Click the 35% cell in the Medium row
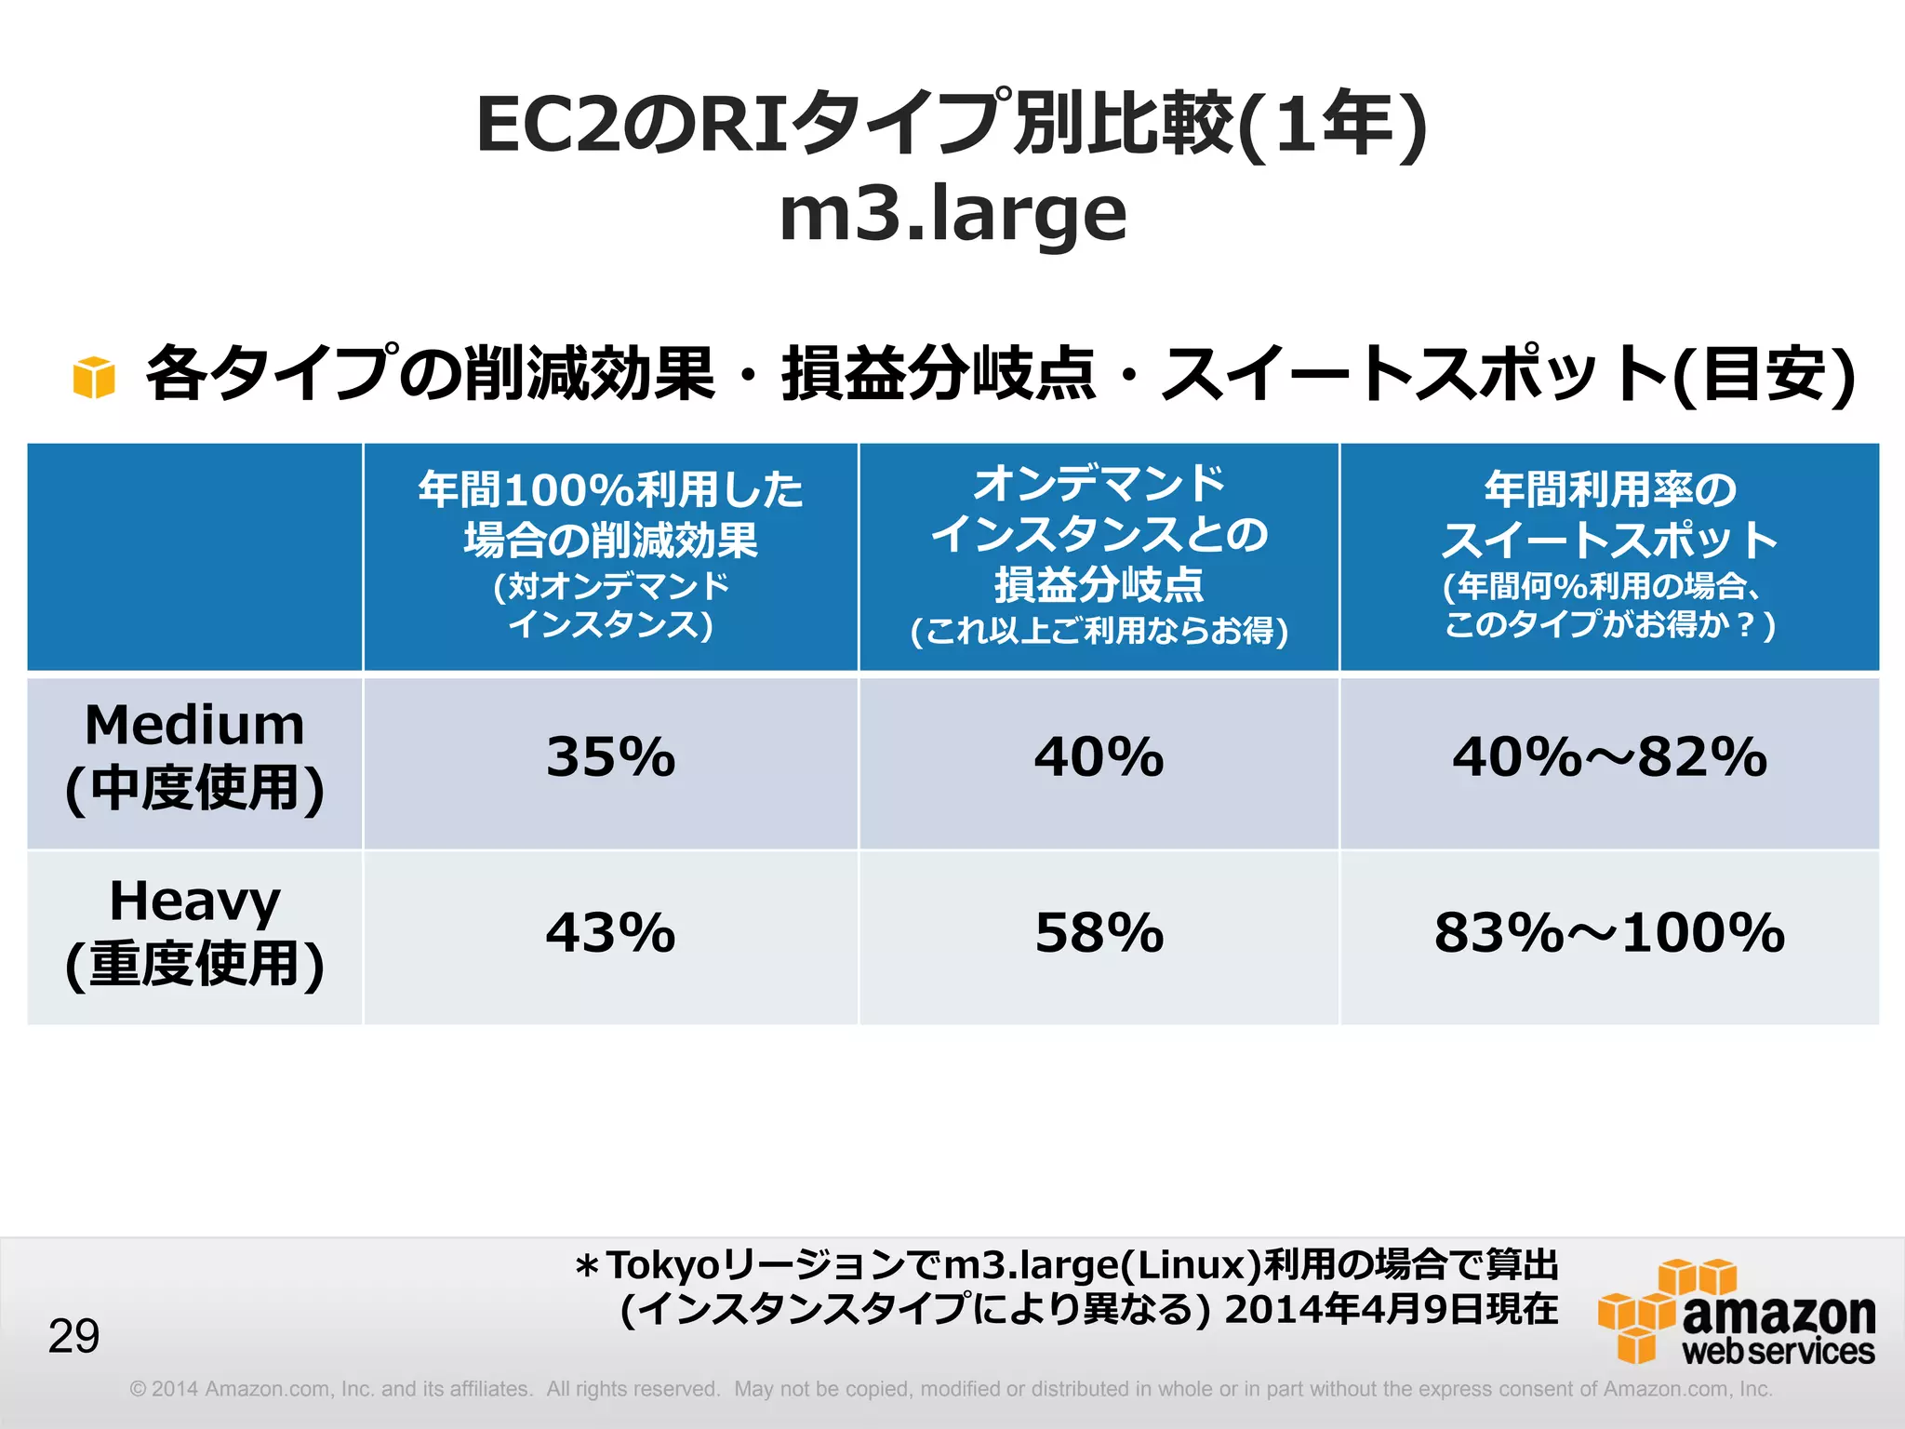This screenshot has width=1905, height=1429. click(610, 757)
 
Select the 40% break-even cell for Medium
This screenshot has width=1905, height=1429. click(1099, 757)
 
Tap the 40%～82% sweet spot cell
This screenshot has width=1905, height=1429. click(1609, 757)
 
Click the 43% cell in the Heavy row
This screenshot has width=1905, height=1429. click(610, 933)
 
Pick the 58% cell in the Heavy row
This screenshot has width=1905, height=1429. click(1099, 933)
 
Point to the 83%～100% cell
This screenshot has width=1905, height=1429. click(1609, 933)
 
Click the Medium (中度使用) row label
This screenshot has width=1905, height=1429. click(194, 757)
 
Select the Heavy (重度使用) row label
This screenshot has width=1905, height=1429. click(194, 933)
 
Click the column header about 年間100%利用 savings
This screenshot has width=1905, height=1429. click(610, 555)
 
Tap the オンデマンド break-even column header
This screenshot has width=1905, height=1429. click(1099, 555)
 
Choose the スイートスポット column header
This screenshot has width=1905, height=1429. click(1609, 555)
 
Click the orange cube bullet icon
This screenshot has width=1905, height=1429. click(94, 378)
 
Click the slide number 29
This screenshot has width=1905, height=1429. click(73, 1337)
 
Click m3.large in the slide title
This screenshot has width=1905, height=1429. click(952, 214)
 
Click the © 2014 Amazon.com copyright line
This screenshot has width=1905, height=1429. click(951, 1389)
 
